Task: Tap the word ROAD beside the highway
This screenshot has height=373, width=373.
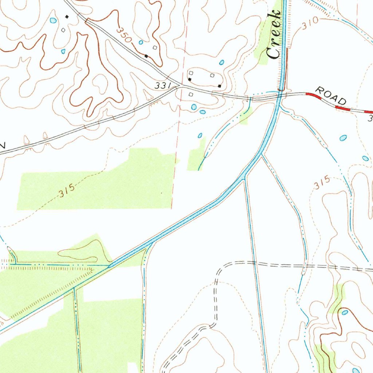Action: tap(331, 95)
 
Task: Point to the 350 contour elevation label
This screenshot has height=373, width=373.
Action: tap(125, 35)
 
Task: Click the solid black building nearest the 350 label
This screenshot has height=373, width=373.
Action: tap(146, 56)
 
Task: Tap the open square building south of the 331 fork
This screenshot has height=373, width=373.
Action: tap(190, 95)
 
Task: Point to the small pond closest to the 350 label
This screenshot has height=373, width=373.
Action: tap(141, 43)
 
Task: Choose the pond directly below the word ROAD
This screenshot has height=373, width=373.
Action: tap(343, 138)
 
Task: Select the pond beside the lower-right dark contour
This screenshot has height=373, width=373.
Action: tap(345, 312)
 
